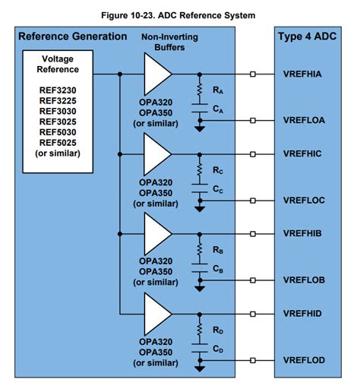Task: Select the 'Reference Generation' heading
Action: (x=73, y=36)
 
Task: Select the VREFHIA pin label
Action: (x=307, y=74)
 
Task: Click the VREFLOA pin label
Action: (x=307, y=120)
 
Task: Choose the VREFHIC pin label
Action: (x=307, y=153)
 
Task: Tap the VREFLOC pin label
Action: (x=307, y=201)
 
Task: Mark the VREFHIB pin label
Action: (x=307, y=232)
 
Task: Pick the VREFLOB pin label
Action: (x=307, y=280)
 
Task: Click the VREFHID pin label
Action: (x=307, y=312)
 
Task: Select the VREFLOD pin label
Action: (x=307, y=359)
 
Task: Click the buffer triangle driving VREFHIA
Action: (x=157, y=74)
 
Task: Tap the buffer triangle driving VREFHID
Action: (x=157, y=312)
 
